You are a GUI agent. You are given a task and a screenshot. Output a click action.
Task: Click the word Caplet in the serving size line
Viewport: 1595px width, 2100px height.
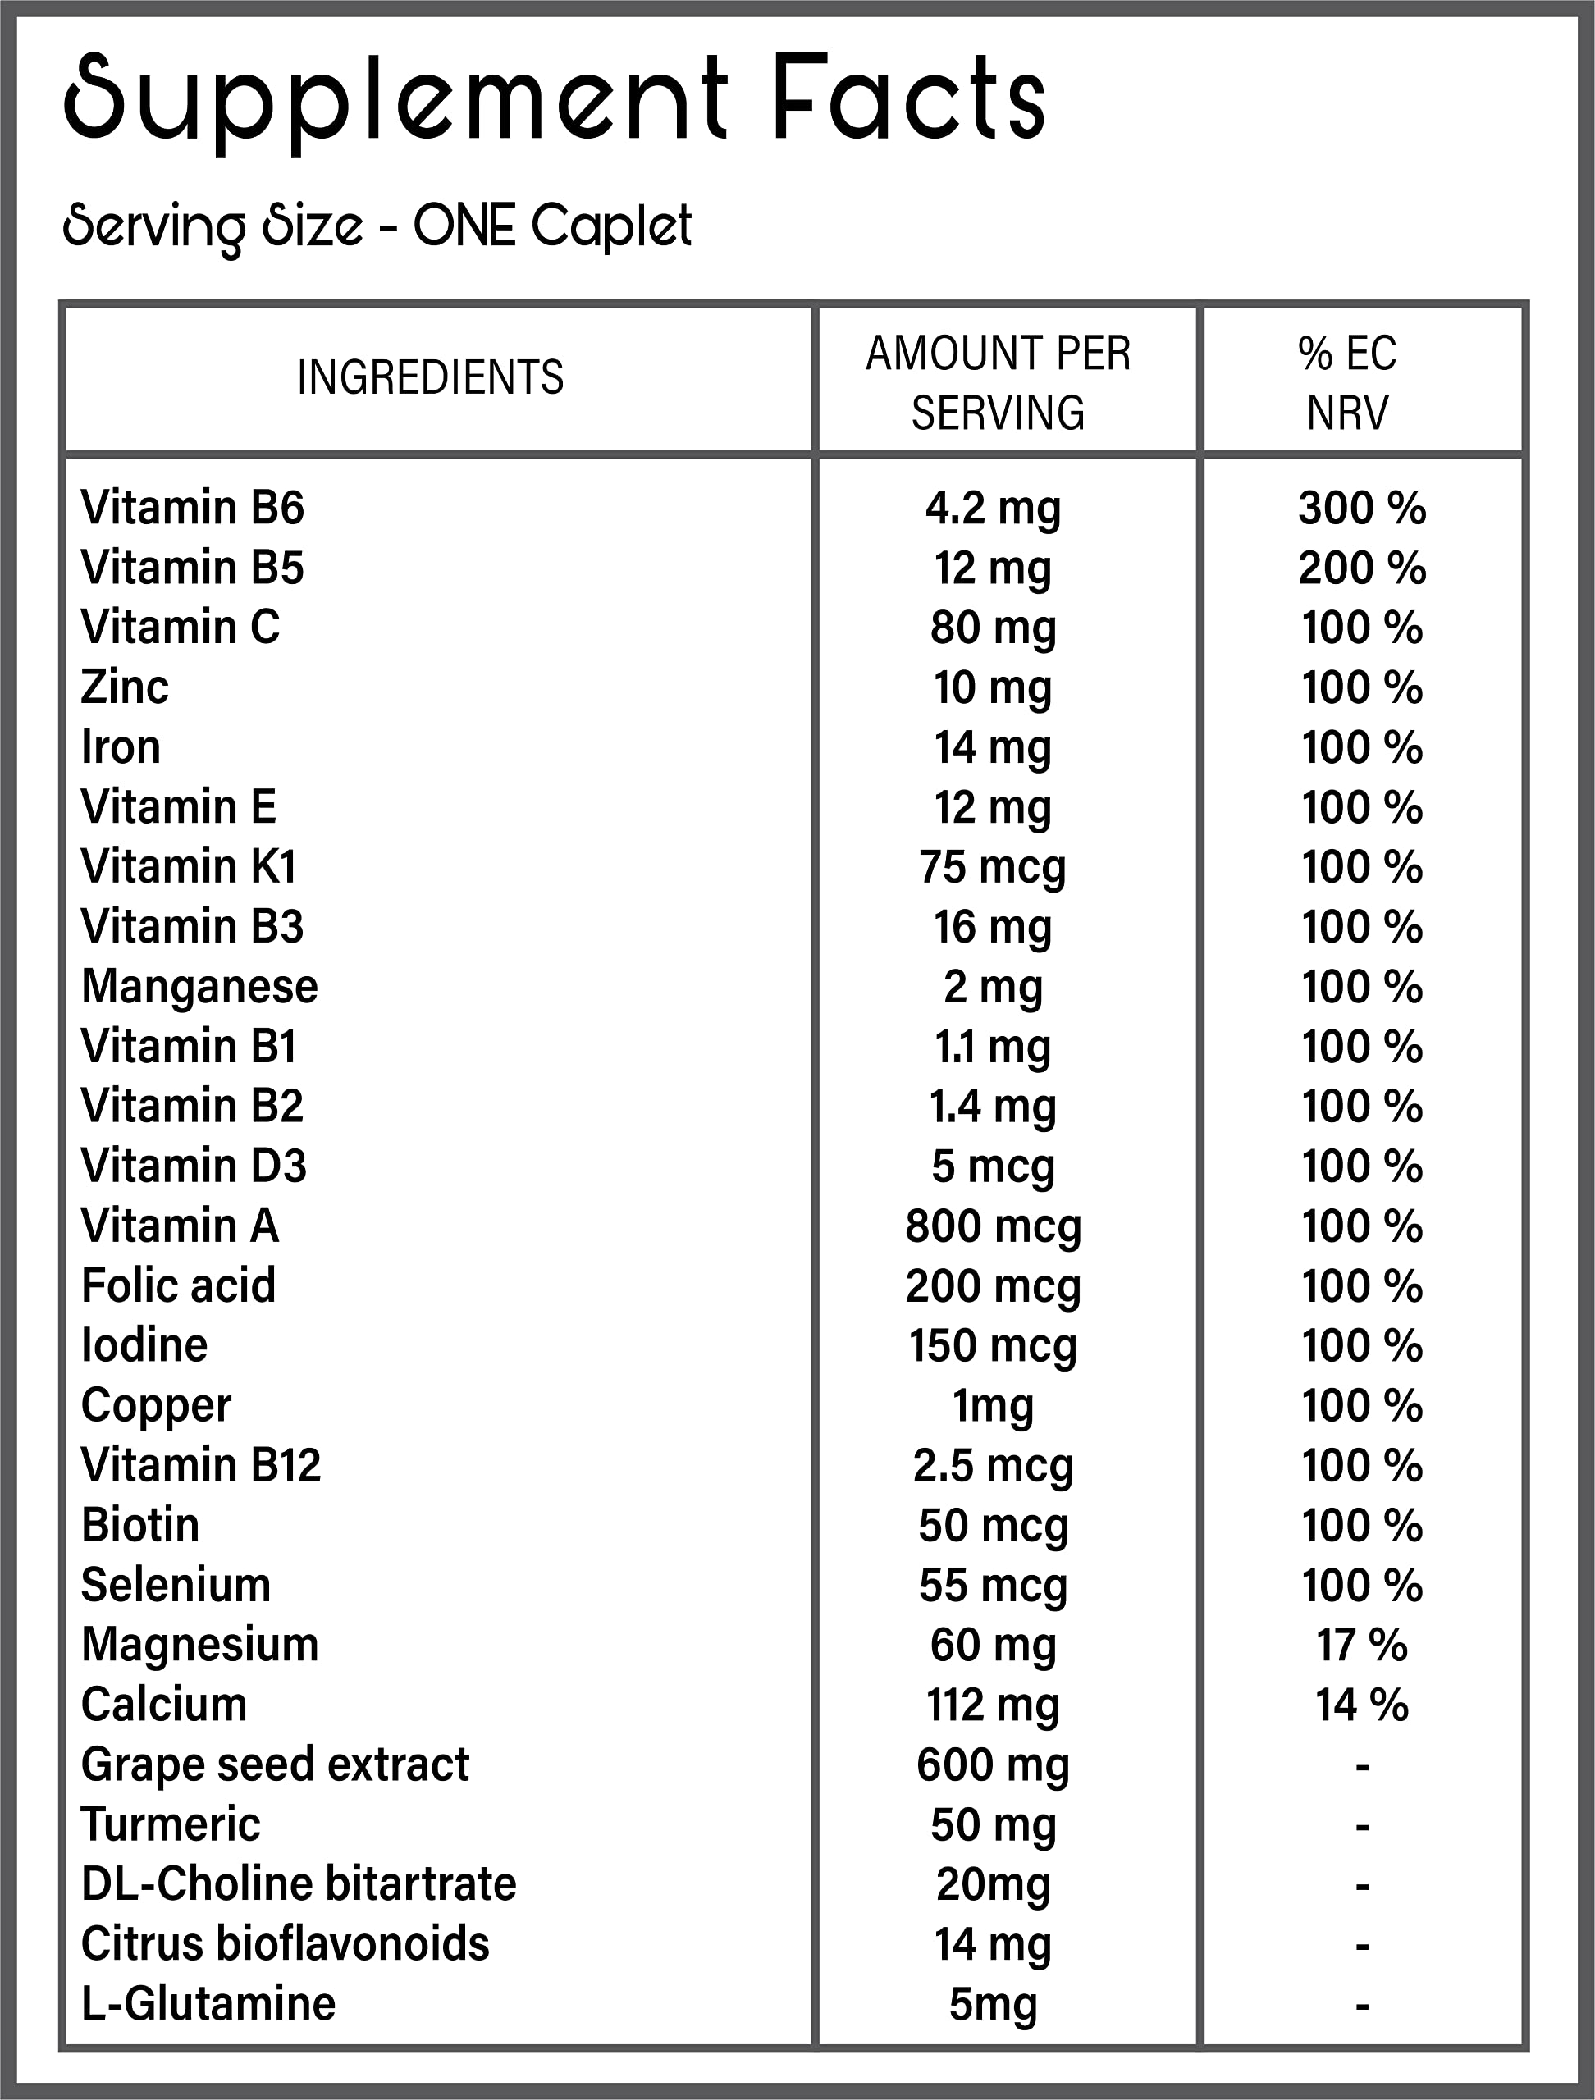(x=610, y=227)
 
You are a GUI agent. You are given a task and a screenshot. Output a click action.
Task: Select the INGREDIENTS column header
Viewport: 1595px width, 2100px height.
(x=430, y=377)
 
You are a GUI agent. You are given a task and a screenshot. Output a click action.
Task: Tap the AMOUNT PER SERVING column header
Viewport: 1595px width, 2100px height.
(x=998, y=382)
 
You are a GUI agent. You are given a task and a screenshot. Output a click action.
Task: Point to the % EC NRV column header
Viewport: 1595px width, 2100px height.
(x=1347, y=382)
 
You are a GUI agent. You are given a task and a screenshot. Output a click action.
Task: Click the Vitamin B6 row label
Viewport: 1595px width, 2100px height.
(x=192, y=508)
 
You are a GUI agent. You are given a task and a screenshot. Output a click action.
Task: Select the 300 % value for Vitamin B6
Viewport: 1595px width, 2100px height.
(x=1361, y=508)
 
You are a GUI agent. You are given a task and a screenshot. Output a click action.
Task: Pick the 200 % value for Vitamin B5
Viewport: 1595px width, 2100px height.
(x=1361, y=568)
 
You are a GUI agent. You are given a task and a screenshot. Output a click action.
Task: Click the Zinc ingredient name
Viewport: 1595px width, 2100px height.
(x=125, y=687)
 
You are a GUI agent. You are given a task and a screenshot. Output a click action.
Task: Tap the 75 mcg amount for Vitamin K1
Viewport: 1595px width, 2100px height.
(x=992, y=867)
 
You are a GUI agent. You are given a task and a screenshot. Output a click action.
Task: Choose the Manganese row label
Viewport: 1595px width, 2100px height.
(x=199, y=986)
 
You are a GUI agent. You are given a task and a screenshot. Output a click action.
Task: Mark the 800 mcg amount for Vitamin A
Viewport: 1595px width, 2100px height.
(x=992, y=1226)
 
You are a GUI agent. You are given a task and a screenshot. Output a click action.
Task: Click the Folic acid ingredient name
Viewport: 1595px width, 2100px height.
(x=179, y=1285)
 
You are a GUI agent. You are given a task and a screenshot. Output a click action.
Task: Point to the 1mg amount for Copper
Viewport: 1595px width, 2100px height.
(x=992, y=1405)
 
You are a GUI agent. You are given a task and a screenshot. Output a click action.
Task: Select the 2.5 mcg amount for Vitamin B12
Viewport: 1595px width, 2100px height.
(x=992, y=1465)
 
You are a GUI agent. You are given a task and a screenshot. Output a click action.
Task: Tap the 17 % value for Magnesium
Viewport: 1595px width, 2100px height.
(x=1361, y=1644)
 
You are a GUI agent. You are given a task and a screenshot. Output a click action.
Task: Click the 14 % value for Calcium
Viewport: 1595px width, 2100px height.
(x=1361, y=1704)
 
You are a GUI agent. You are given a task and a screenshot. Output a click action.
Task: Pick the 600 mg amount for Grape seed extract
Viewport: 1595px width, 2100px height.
(x=992, y=1764)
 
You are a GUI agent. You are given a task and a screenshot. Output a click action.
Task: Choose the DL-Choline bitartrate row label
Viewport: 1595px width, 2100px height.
(x=298, y=1883)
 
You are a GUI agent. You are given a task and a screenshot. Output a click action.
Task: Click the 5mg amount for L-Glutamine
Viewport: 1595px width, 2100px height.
(x=992, y=2003)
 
